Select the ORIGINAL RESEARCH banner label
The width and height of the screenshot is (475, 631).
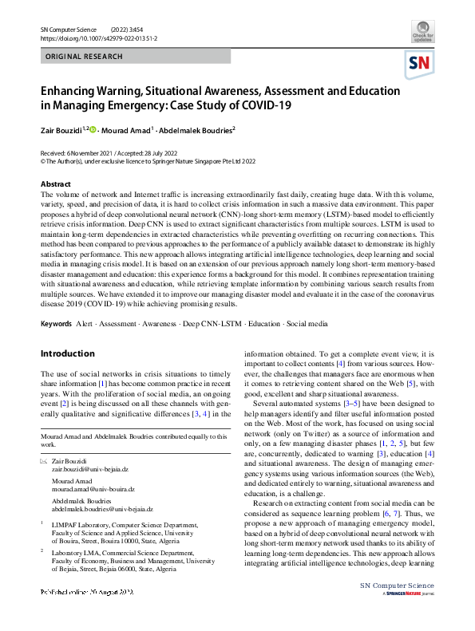pyautogui.click(x=85, y=57)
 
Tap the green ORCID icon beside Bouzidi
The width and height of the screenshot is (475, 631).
pyautogui.click(x=93, y=129)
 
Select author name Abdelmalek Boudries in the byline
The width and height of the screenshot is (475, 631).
pyautogui.click(x=196, y=129)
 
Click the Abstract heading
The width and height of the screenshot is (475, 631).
pyautogui.click(x=55, y=183)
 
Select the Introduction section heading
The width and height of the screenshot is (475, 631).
pyautogui.click(x=68, y=353)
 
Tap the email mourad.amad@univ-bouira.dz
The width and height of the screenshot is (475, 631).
pyautogui.click(x=93, y=489)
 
